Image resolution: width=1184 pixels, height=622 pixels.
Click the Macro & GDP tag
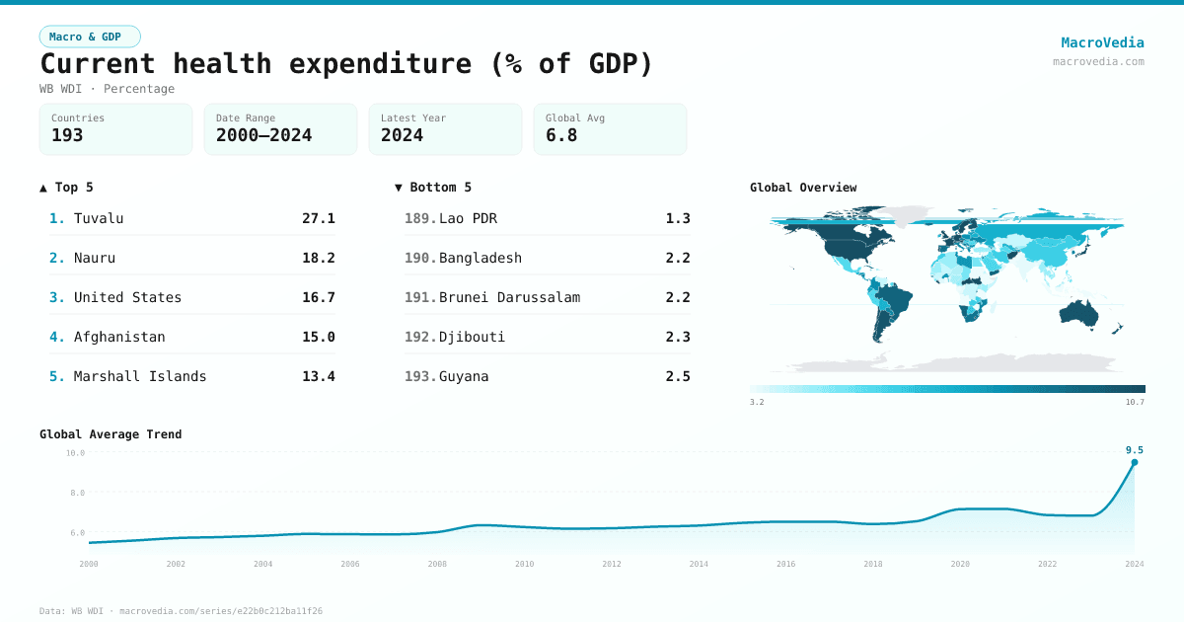[90, 37]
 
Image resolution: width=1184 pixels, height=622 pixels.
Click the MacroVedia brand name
[1102, 42]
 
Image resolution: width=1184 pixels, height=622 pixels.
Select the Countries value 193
[67, 135]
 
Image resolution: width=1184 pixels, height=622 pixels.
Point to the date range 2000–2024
[263, 135]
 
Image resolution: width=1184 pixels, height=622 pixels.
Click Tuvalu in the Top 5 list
[99, 218]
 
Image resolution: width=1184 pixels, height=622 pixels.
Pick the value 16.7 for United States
[318, 297]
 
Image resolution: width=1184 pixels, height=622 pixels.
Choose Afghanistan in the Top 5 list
[119, 337]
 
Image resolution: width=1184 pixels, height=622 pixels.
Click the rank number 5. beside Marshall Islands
[57, 376]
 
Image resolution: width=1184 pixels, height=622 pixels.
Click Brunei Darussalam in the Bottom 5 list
[509, 297]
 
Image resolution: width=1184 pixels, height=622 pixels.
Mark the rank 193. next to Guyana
[420, 376]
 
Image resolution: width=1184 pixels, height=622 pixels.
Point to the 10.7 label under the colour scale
[1135, 402]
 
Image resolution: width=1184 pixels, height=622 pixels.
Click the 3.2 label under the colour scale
[757, 402]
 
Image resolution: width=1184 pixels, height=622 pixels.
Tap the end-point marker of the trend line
[1134, 462]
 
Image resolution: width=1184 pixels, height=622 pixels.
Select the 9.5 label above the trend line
[1134, 450]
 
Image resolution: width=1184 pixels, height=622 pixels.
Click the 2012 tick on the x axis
[612, 564]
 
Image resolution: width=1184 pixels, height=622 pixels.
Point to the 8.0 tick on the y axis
[76, 493]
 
